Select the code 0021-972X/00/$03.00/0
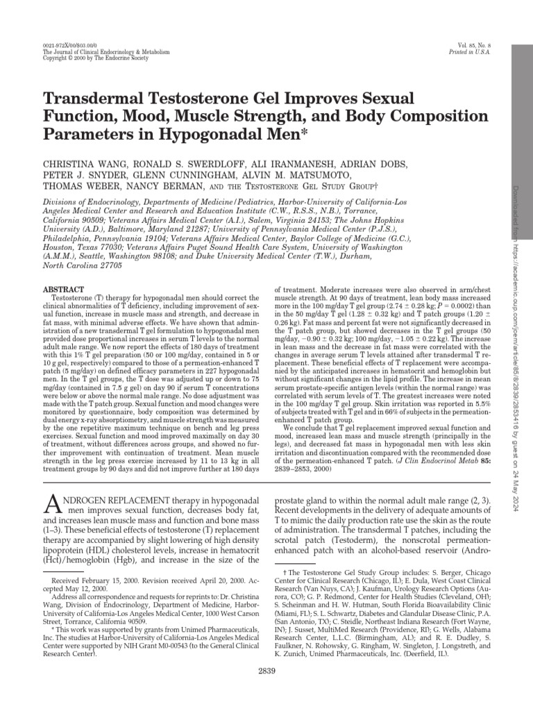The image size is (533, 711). click(x=69, y=44)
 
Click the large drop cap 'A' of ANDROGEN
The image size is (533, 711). click(x=53, y=505)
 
